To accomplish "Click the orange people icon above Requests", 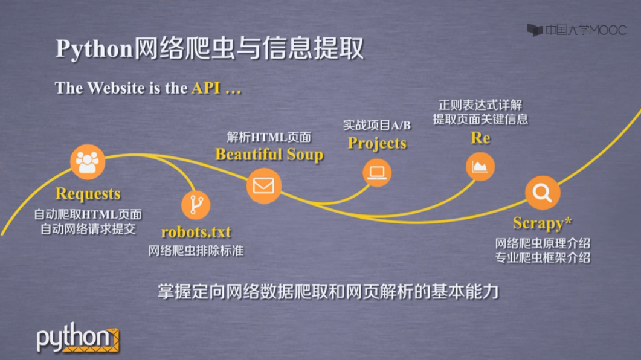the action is [88, 162].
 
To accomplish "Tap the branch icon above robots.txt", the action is [196, 205].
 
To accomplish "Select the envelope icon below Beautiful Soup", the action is [263, 186].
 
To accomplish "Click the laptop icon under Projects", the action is [377, 173].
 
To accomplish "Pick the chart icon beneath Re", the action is [480, 167].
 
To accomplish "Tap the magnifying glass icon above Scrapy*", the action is [543, 193].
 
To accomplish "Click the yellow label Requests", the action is [88, 194].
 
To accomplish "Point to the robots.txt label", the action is [196, 232].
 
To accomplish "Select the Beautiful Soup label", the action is [269, 155].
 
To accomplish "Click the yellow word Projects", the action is [377, 143].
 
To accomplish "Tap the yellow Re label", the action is [480, 138].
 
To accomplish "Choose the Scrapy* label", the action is [542, 223].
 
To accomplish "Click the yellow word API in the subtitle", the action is [206, 88].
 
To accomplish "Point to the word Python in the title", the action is [94, 49].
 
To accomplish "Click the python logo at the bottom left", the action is [78, 338].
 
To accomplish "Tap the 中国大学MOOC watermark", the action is [576, 30].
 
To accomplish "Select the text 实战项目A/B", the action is [377, 125].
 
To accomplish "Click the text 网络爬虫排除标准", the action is [196, 251].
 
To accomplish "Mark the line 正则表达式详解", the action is [480, 106].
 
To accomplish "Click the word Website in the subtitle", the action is [115, 88].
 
